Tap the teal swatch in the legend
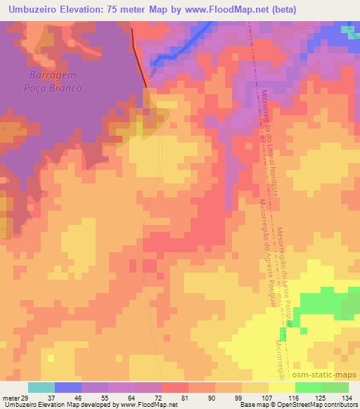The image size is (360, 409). (41, 387)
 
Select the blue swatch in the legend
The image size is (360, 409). (68, 387)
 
